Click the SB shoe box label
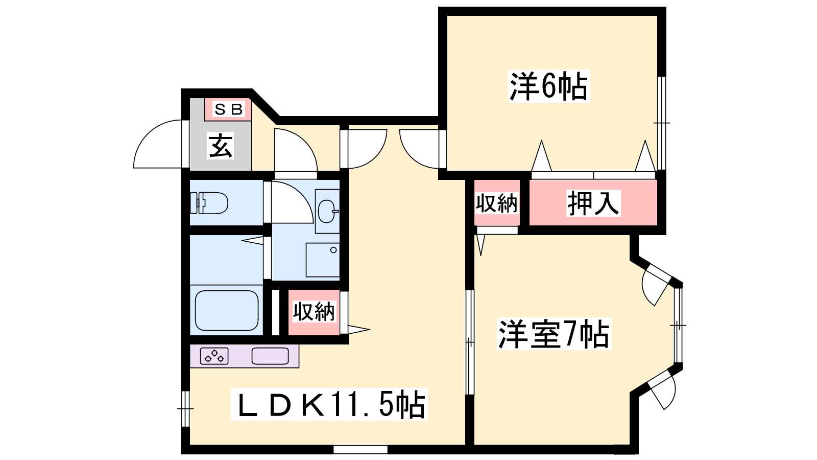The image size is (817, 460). point(228,109)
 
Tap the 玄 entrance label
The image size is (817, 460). point(220,146)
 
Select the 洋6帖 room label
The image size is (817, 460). point(548,86)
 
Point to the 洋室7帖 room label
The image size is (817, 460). point(554,334)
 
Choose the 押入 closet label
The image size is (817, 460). point(593,203)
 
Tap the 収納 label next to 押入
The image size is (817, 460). point(497,203)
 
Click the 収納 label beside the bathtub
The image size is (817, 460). point(314,311)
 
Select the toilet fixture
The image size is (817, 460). point(209,202)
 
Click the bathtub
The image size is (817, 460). point(227,310)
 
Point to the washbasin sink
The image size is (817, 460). point(327,211)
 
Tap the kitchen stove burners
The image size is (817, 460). point(214,356)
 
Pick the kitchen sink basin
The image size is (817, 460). point(270,356)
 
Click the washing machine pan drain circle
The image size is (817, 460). point(333,250)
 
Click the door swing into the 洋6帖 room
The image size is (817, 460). point(412,155)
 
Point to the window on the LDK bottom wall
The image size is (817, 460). point(361,449)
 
